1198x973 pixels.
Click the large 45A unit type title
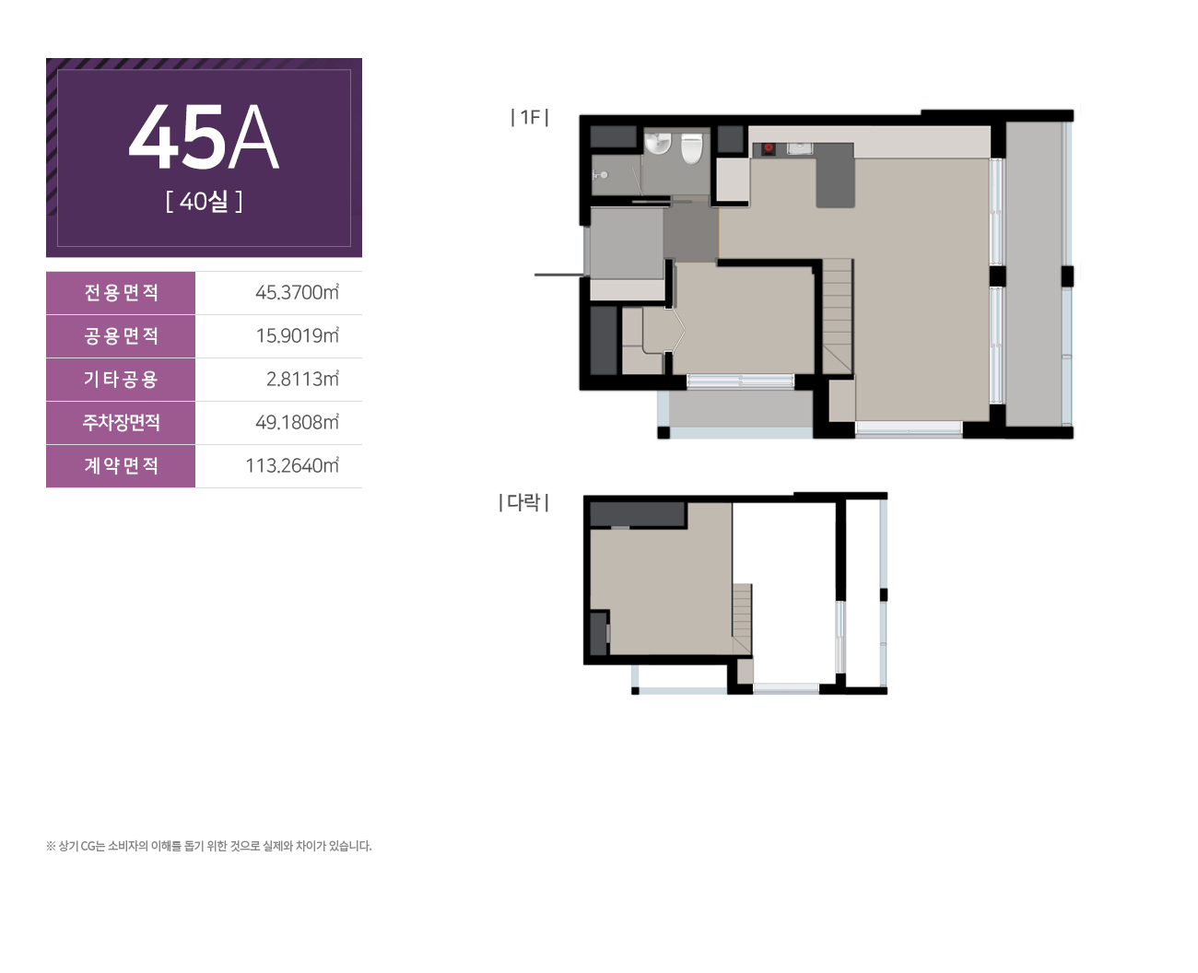204,136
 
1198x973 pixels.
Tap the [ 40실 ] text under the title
205,201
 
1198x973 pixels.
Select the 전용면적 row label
121,292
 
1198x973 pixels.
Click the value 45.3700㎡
297,292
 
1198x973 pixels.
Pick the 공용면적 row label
121,335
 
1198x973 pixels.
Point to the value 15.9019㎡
298,335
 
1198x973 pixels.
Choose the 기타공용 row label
121,379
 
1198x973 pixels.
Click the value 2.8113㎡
302,379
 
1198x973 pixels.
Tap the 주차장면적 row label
121,422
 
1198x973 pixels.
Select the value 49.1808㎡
297,422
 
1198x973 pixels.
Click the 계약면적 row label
121,465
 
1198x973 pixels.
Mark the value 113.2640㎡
292,465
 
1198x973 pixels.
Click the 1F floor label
529,117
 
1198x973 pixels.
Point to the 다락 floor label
523,502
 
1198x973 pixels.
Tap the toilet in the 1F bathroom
692,148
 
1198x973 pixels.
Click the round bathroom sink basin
657,142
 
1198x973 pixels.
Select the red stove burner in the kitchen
769,147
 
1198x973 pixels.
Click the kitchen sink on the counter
799,148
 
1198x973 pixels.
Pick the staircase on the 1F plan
838,316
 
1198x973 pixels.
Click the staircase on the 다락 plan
742,618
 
